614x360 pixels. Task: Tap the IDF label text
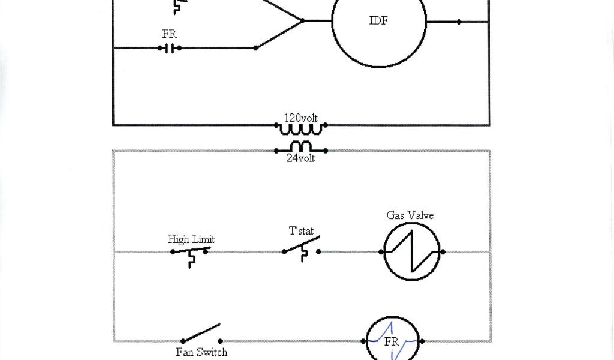378,21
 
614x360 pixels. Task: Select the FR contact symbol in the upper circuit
171,48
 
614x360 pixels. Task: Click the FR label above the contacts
170,34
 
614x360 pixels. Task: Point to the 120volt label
301,118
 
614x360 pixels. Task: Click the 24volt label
301,158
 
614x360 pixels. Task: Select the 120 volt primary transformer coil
301,127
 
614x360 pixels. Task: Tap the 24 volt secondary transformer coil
301,147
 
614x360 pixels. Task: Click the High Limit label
191,239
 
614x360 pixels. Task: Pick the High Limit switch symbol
191,253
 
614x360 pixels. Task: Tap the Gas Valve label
410,215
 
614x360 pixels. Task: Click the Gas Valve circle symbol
412,252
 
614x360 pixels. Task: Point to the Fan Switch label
201,352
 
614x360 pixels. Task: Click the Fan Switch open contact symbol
201,334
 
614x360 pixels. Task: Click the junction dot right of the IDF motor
459,22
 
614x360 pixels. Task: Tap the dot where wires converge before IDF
302,21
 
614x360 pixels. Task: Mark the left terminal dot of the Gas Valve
381,252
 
